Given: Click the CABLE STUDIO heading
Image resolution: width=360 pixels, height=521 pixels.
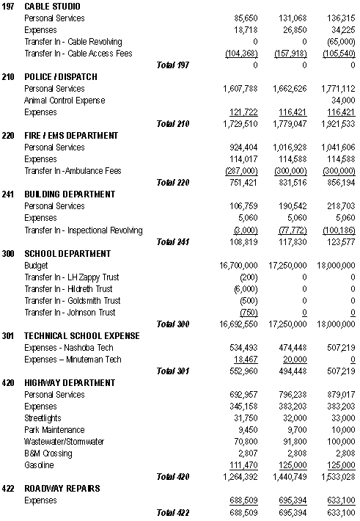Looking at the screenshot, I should click(52, 7).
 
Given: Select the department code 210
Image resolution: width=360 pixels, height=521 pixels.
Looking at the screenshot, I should click(8, 77).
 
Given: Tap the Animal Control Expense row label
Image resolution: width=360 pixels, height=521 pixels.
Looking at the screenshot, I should click(65, 101).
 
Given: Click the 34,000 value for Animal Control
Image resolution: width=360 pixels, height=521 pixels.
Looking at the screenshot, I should click(342, 101).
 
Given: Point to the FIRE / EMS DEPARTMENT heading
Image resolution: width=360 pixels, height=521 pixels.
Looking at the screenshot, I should click(70, 136).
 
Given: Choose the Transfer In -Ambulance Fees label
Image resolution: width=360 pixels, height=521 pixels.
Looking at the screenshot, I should click(72, 171).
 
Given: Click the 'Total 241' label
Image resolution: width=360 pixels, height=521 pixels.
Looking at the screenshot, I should click(173, 241).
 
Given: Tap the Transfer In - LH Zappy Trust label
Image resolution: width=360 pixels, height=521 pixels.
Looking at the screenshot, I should click(70, 277).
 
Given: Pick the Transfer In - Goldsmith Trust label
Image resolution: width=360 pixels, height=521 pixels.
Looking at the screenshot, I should click(71, 301).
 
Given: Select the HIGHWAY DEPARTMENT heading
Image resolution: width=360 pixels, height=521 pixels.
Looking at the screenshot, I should click(70, 383).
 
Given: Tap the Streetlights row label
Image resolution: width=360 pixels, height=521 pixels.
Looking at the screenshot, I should click(45, 418).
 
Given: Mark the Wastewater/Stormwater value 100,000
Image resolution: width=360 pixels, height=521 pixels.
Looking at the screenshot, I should click(340, 442).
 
